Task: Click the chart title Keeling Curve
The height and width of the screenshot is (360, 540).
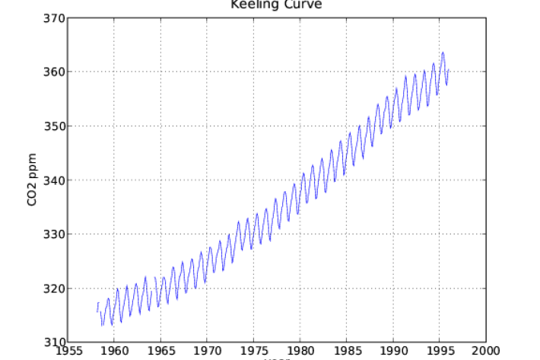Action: (276, 5)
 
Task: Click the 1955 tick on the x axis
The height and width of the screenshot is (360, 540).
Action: (68, 352)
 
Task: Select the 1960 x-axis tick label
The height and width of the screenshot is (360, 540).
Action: (114, 352)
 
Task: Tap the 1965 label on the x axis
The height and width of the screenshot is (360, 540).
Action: (160, 352)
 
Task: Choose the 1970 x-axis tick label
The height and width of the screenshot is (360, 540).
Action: (207, 352)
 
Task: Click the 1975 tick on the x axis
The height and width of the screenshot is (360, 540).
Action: (253, 352)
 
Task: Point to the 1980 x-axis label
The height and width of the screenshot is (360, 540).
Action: (300, 352)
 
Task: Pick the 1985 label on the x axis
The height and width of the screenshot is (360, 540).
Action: (346, 352)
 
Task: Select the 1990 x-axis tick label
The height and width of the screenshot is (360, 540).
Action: (392, 352)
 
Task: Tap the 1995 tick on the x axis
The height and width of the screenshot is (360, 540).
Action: (439, 352)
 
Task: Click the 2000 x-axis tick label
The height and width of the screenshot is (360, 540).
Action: (485, 352)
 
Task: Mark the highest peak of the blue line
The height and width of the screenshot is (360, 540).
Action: (443, 53)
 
